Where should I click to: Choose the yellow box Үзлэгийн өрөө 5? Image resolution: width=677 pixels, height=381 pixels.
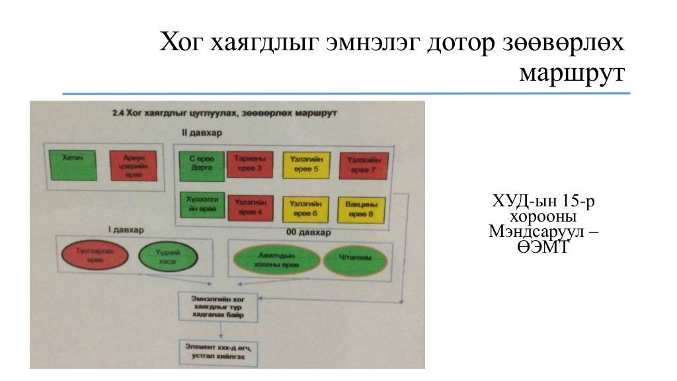(306, 165)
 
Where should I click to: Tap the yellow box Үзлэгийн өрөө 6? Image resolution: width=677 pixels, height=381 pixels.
(306, 208)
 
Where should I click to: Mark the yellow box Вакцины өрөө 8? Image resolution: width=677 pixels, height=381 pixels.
(361, 208)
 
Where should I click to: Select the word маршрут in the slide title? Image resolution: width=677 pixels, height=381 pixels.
(571, 71)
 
